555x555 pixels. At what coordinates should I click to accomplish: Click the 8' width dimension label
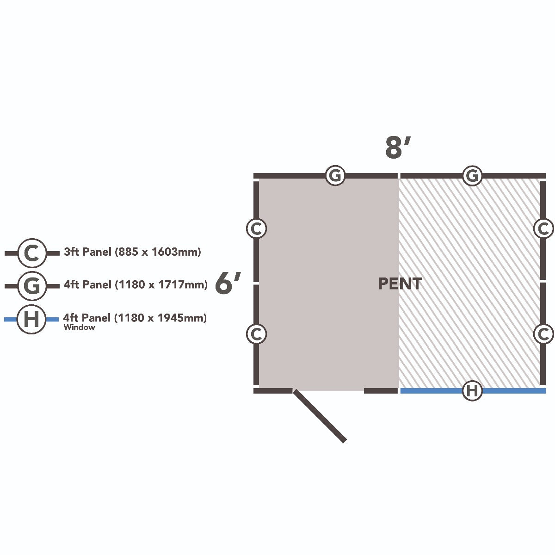[398, 148]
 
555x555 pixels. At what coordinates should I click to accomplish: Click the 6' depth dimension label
[228, 284]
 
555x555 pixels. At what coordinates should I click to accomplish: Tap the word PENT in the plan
[400, 284]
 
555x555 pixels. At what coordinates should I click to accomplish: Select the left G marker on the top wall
[335, 175]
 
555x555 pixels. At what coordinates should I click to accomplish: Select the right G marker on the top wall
[472, 175]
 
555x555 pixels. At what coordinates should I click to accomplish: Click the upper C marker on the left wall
[256, 228]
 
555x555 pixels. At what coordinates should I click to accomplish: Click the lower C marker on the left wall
[256, 334]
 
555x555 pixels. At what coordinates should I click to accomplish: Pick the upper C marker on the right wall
[543, 228]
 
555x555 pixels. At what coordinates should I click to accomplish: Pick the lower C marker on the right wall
[543, 334]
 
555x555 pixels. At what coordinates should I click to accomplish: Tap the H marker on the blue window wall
[472, 390]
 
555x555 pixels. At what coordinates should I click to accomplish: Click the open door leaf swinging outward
[320, 416]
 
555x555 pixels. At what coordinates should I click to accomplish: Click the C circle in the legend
[32, 253]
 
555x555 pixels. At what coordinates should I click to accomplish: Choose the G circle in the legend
[32, 286]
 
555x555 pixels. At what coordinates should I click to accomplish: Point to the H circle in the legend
[32, 319]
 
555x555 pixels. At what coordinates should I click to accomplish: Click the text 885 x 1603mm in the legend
[158, 252]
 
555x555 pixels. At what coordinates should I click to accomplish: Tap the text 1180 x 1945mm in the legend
[160, 318]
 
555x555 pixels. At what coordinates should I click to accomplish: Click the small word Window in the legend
[79, 327]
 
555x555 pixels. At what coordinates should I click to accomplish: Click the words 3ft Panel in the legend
[87, 252]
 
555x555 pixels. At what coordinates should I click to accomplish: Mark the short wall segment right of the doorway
[381, 390]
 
